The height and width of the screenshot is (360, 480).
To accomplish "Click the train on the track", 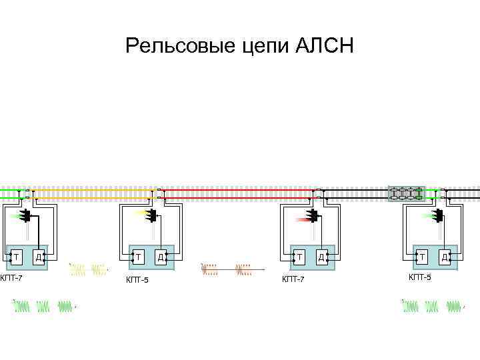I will tap(407, 193).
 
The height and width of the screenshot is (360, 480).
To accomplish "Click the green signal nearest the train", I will tap(433, 215).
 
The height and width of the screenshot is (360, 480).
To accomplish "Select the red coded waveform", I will tap(227, 269).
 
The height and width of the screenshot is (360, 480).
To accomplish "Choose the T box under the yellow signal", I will tap(139, 256).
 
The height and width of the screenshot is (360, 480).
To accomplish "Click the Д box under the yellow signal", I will tap(160, 256).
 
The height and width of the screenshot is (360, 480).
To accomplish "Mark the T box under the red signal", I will tap(300, 256).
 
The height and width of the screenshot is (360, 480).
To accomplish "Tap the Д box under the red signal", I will tap(321, 256).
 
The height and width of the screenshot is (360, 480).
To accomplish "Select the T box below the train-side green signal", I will tap(421, 256).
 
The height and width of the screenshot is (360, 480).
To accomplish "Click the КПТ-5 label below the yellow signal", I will tap(137, 279).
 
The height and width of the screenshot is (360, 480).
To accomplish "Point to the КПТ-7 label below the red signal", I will tap(293, 279).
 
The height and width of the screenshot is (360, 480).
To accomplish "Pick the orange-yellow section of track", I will tap(93, 193).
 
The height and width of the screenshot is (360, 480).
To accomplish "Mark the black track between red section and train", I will tap(353, 193).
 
